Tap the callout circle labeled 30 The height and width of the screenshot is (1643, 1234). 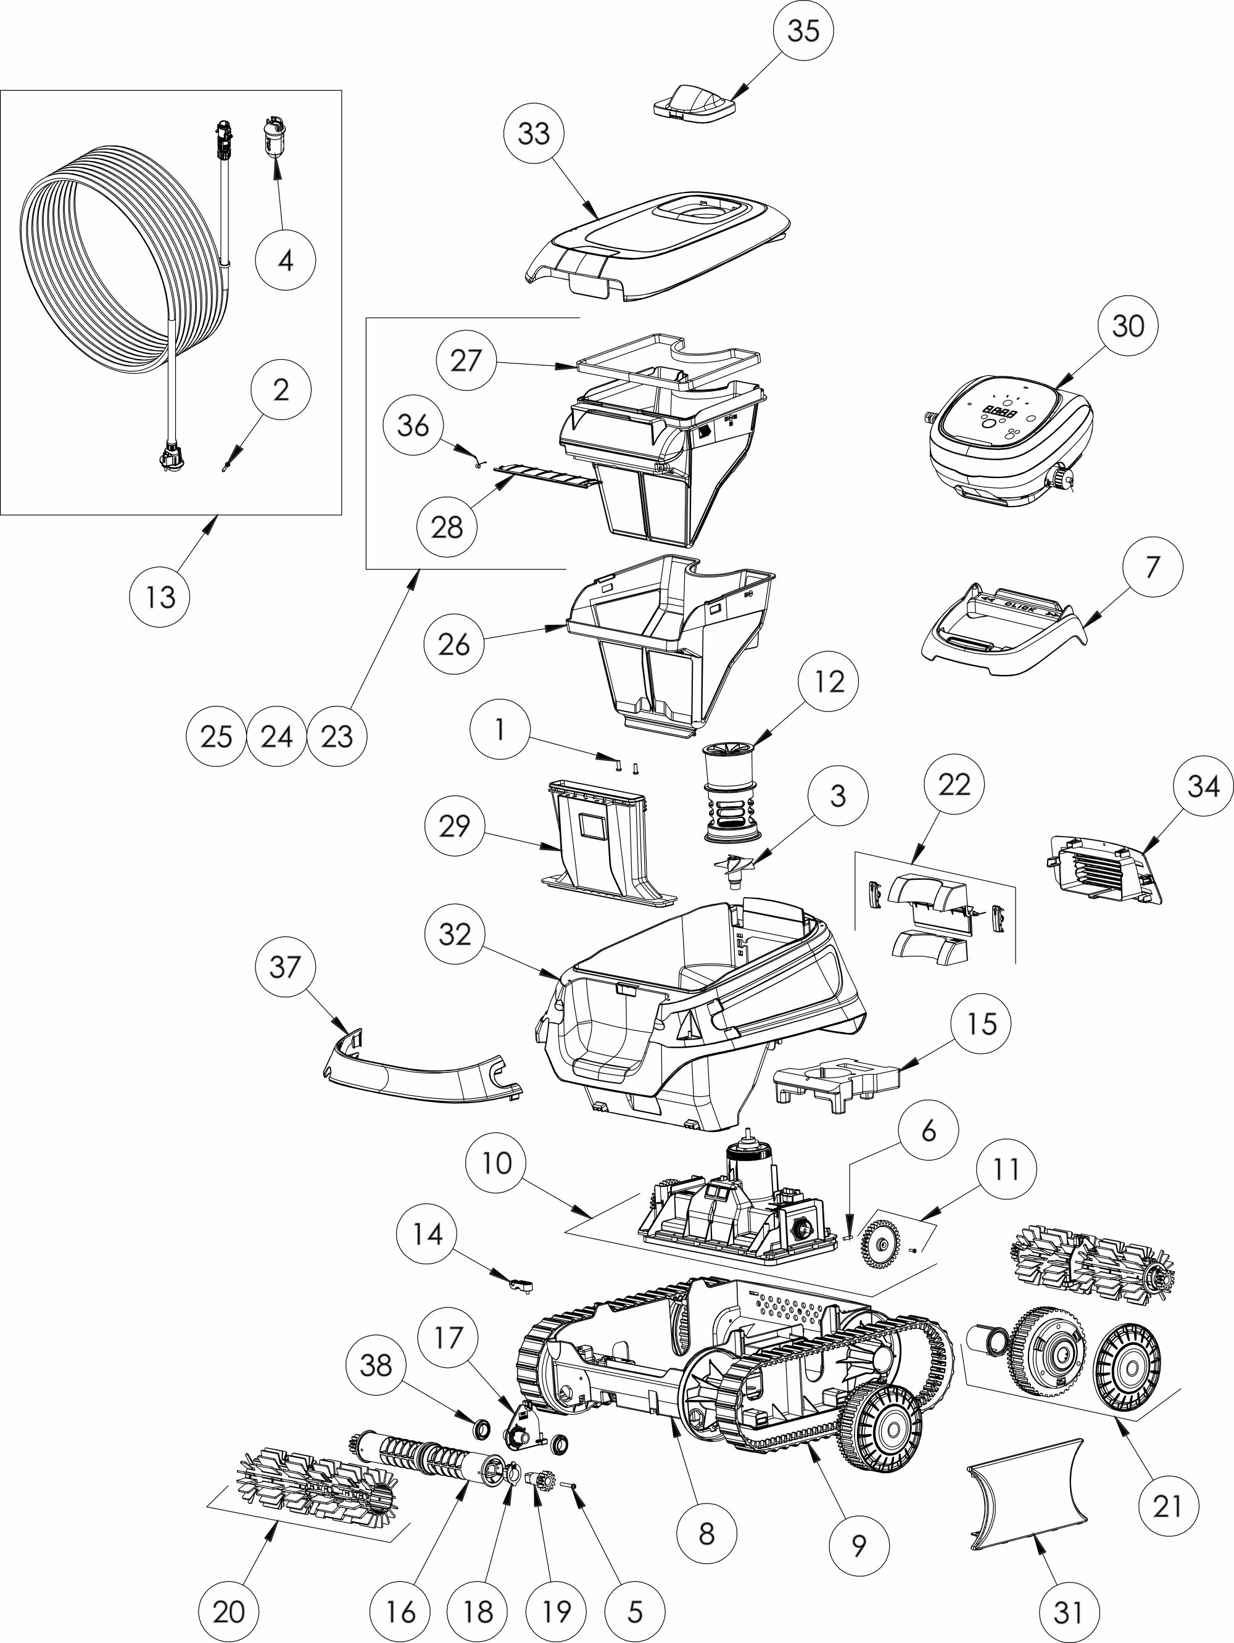pos(1128,325)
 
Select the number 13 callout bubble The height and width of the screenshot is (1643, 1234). pos(160,597)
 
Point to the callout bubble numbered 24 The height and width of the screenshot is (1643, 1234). pos(276,736)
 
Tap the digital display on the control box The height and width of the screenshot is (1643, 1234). pos(1000,413)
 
